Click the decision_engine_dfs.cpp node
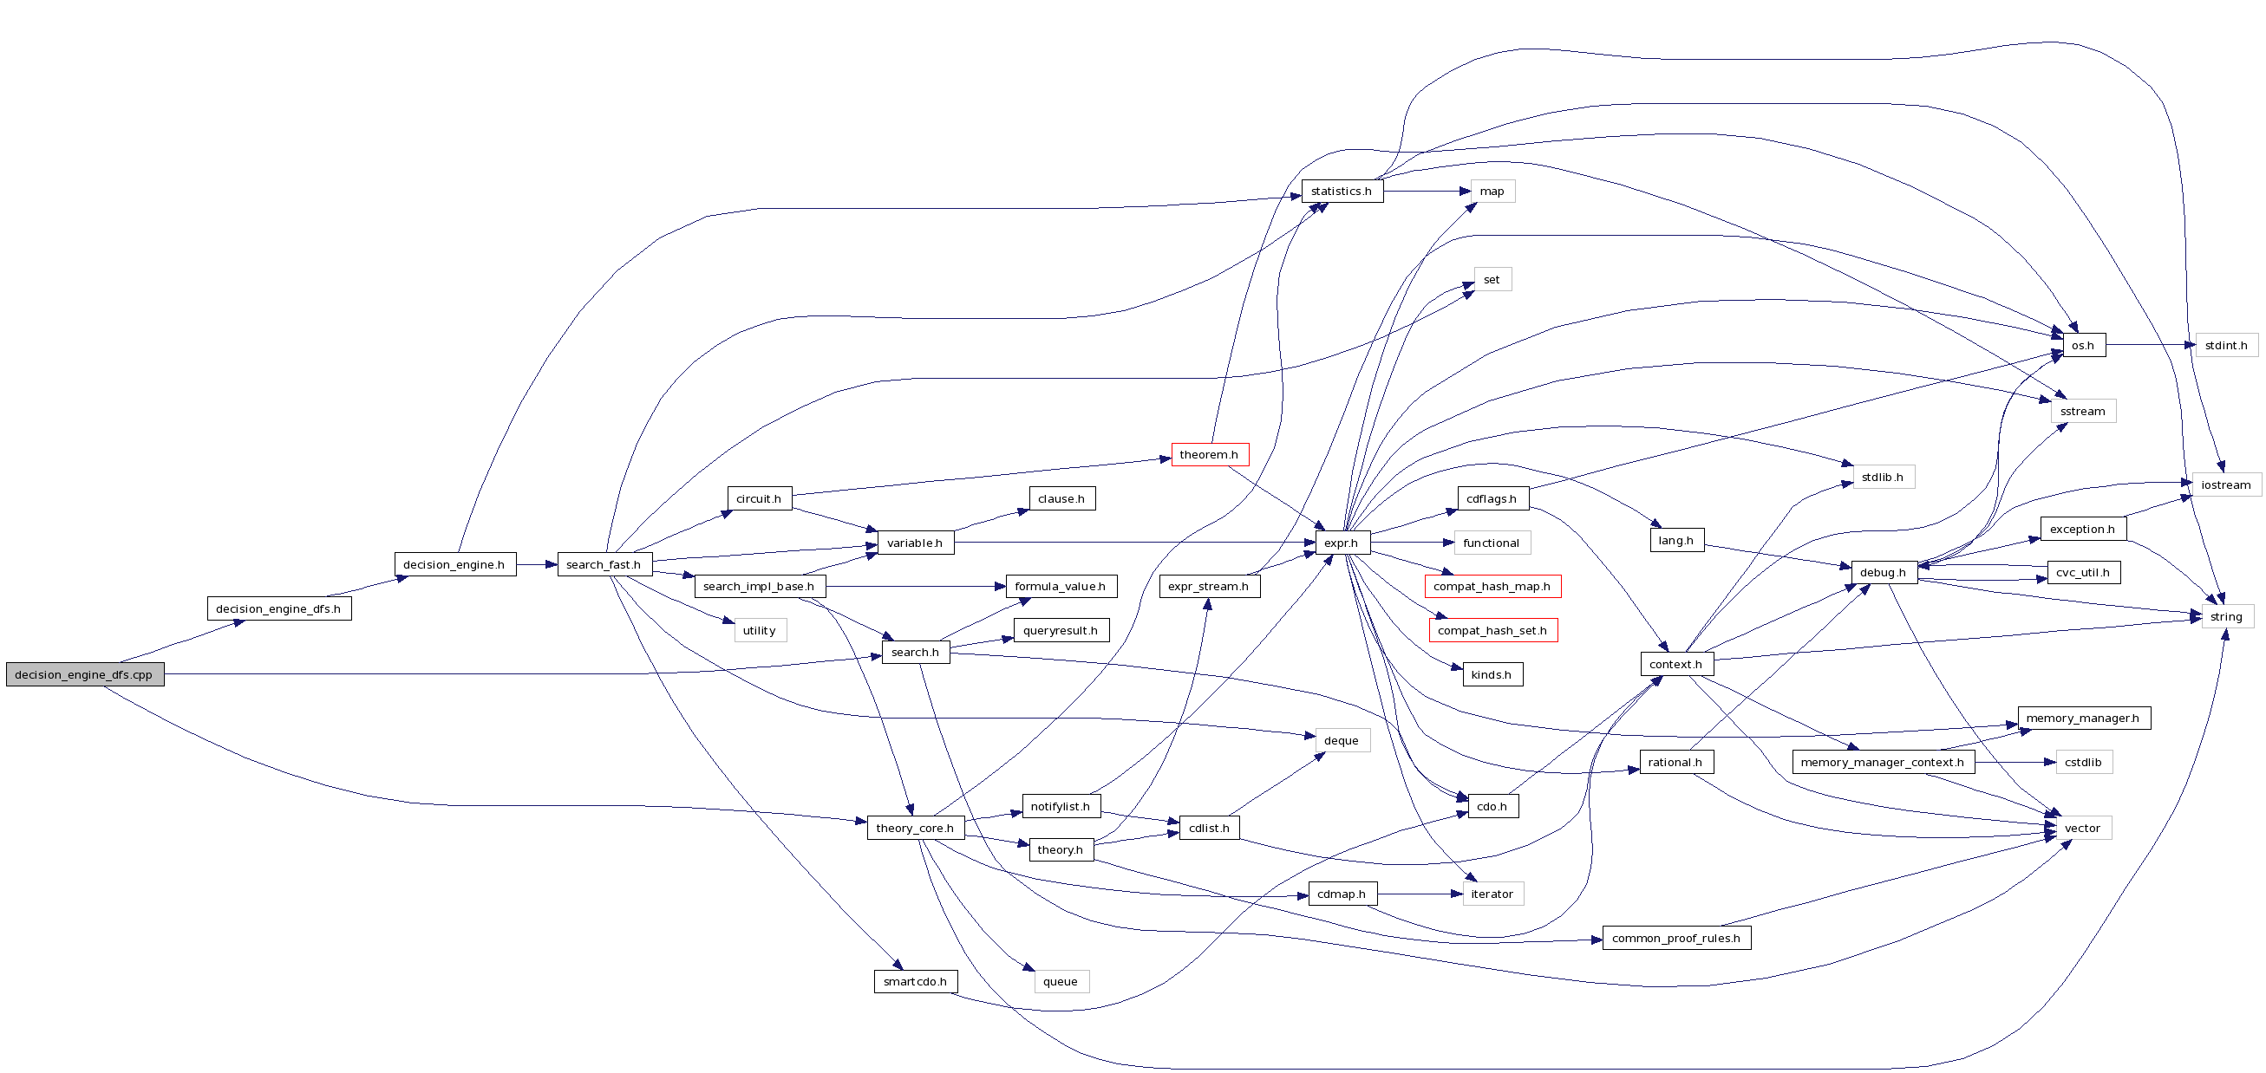coord(84,674)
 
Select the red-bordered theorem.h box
coord(1210,455)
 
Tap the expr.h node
coord(1342,543)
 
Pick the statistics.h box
coord(1342,191)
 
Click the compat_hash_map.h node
coord(1492,587)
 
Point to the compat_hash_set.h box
coord(1492,631)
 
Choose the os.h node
coord(2083,345)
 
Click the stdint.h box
coord(2226,345)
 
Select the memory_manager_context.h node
coord(1883,763)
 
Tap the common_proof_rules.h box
coord(1675,939)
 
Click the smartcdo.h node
coord(915,981)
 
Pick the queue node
coord(1061,981)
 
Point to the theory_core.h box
coord(915,829)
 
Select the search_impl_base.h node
coord(759,587)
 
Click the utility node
coord(759,631)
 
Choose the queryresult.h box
coord(1061,631)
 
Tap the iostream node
coord(2225,484)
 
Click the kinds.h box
coord(1492,674)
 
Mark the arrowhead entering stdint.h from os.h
coord(2191,345)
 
